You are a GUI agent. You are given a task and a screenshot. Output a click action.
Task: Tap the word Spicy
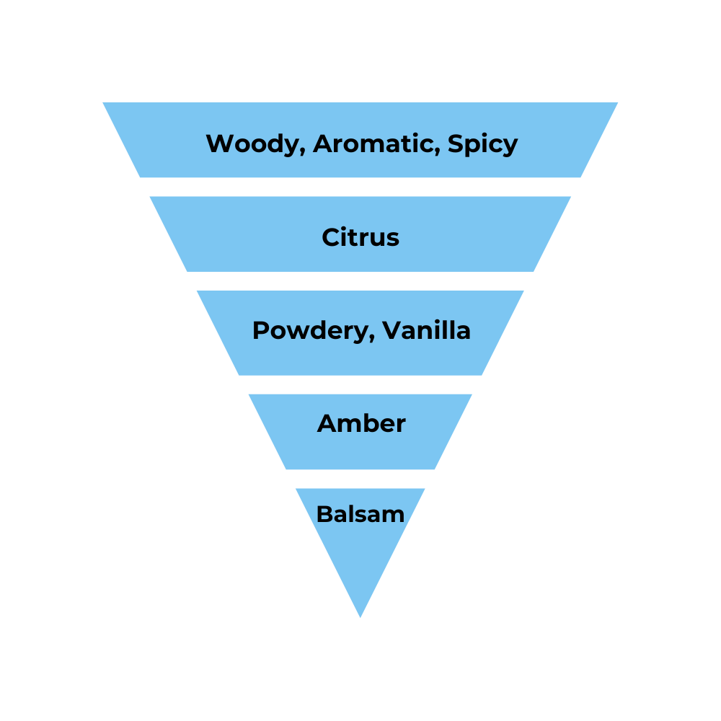[482, 144]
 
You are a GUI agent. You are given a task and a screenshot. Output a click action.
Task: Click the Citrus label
[360, 237]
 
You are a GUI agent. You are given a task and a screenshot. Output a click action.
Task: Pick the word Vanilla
[426, 330]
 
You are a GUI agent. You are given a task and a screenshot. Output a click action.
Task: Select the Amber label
[361, 423]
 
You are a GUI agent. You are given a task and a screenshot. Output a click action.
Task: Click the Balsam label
[360, 514]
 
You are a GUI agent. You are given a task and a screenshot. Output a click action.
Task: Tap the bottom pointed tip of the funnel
[360, 616]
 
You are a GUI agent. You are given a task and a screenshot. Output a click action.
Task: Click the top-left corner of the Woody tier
[105, 103]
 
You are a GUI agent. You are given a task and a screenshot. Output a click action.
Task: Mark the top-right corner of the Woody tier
[616, 103]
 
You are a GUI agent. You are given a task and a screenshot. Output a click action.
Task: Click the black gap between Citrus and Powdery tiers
[360, 281]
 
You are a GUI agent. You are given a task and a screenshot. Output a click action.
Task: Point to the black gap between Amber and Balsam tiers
[360, 479]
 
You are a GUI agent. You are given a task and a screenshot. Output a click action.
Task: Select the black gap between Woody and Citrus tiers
[360, 187]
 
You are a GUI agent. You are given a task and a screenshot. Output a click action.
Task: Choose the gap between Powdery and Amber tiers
[360, 384]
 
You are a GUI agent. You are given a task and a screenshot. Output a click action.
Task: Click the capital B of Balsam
[324, 514]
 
